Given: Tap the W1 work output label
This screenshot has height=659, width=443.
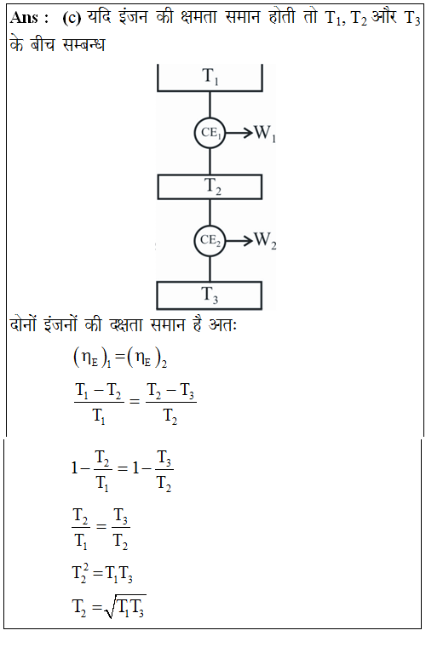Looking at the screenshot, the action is coord(265,134).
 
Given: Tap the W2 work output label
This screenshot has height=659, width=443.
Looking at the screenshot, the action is coord(265,241).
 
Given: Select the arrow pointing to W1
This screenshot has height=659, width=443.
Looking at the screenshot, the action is coord(239,133).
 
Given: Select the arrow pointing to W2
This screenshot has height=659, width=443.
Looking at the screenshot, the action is coord(239,241).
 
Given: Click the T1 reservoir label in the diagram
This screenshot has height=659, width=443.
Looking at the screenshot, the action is coord(210,77).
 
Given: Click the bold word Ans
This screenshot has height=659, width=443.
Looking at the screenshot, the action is coord(25,18).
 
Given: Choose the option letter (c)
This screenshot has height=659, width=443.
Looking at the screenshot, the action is coord(72,18).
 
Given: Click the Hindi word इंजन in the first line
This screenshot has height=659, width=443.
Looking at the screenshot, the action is coord(134,17).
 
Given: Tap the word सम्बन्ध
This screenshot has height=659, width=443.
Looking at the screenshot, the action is coord(83,44).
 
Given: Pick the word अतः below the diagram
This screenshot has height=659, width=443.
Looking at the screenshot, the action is coord(223,325).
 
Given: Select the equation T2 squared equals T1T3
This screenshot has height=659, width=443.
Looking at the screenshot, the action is coord(102,573).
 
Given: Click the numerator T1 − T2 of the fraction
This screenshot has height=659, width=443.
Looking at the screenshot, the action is coord(99,392).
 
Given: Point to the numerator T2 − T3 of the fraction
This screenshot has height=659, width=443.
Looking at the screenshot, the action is coord(170,392).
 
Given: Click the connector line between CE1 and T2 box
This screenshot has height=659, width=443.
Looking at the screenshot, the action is coord(210,162).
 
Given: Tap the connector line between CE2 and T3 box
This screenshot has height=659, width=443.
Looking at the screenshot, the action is coord(210,269).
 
